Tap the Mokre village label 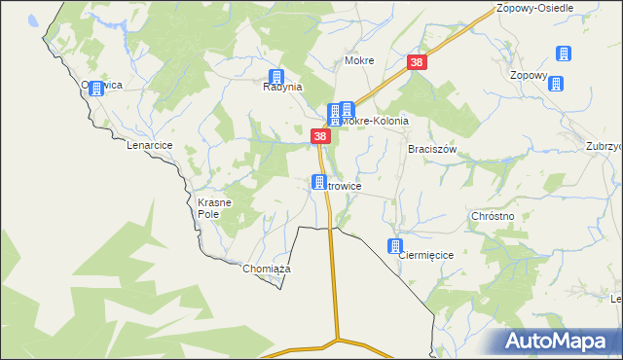(359, 60)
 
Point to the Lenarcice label (149, 145)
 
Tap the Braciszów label (432, 150)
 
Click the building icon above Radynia (277, 77)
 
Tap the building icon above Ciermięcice (395, 246)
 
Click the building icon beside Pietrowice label (318, 181)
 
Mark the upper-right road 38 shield (417, 62)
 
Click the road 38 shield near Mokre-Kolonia (320, 137)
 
